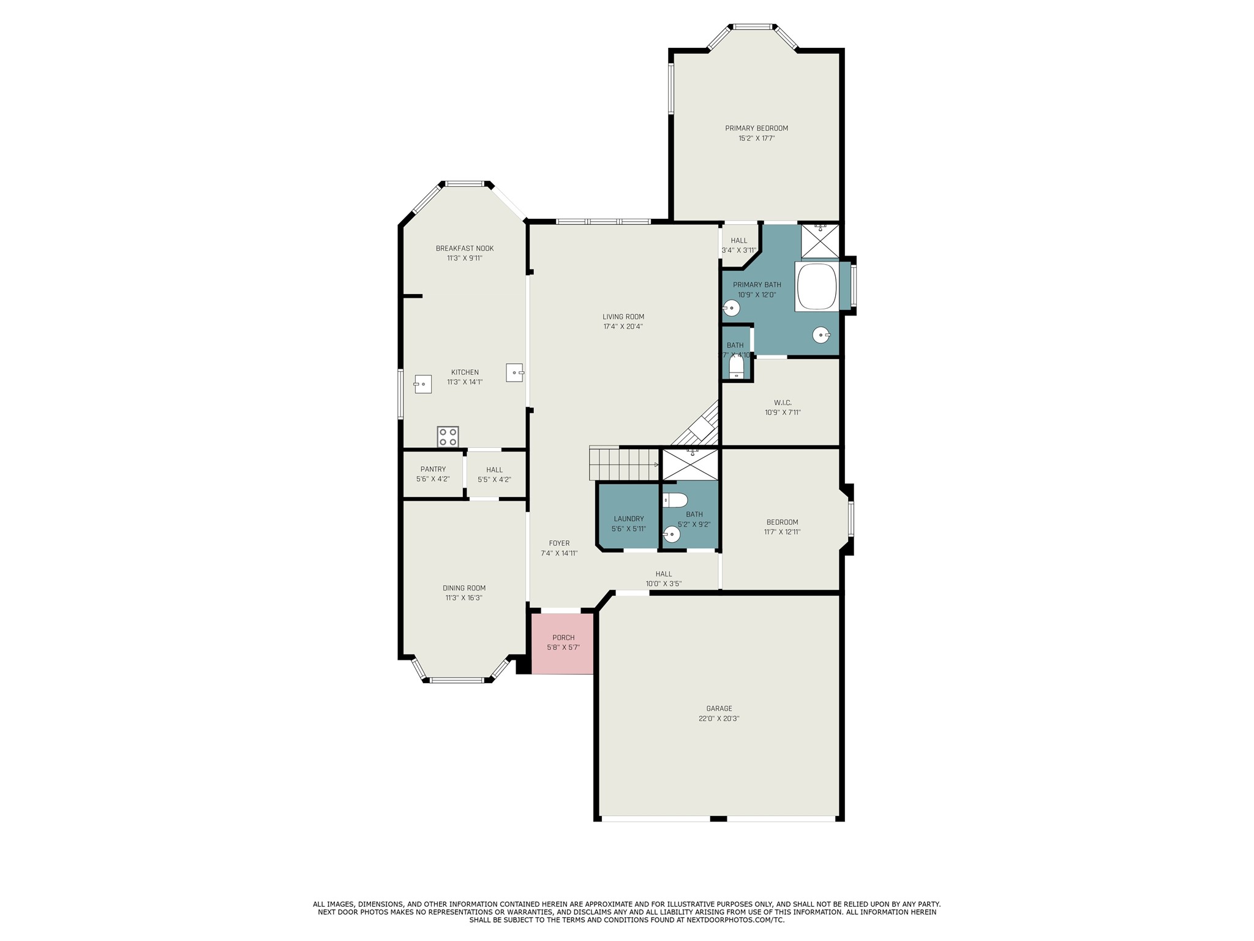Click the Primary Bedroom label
pos(756,128)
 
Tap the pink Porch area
pos(562,643)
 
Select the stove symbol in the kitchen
pos(448,437)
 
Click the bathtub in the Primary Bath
pos(816,287)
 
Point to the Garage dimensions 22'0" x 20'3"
pos(719,719)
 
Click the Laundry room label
pos(628,519)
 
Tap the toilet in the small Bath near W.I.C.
pos(736,367)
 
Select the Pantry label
pos(433,469)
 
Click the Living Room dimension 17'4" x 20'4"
pos(623,327)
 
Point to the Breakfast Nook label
pos(464,248)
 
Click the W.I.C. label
pos(783,402)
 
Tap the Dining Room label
pos(464,588)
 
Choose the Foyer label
pos(559,543)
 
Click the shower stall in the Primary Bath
pos(820,241)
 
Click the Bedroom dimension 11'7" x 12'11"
pos(782,532)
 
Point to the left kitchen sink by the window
pos(423,384)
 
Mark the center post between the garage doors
pos(718,818)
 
